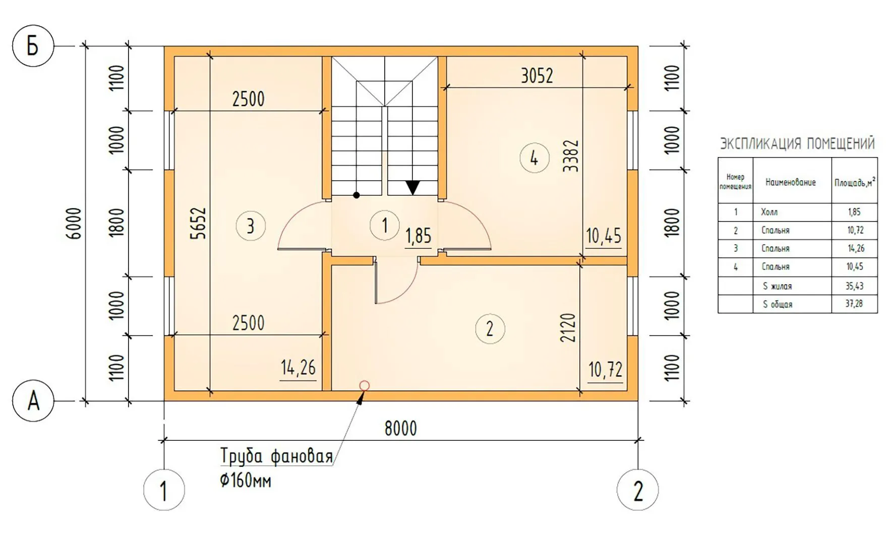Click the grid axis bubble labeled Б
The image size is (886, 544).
pyautogui.click(x=33, y=46)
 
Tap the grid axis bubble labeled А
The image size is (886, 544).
pyautogui.click(x=33, y=401)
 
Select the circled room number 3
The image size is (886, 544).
pyautogui.click(x=251, y=226)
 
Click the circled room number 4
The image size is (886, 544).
pyautogui.click(x=535, y=158)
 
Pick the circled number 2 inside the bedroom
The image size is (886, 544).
pyautogui.click(x=490, y=329)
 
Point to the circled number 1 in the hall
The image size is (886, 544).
pyautogui.click(x=385, y=225)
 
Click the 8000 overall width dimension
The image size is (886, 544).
pyautogui.click(x=401, y=429)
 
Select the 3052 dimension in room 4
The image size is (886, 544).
pyautogui.click(x=537, y=76)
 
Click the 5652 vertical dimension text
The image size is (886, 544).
pyautogui.click(x=200, y=223)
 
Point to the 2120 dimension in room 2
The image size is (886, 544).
pyautogui.click(x=568, y=328)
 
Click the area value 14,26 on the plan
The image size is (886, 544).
pyautogui.click(x=298, y=368)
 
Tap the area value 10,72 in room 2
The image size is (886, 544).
pyautogui.click(x=605, y=370)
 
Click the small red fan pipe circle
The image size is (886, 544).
pyautogui.click(x=364, y=386)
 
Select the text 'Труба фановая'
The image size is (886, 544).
pyautogui.click(x=276, y=456)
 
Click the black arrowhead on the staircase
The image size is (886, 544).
pyautogui.click(x=413, y=187)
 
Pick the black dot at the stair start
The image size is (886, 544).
pyautogui.click(x=357, y=195)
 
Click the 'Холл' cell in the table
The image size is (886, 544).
pyautogui.click(x=770, y=212)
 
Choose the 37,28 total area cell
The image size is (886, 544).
pyautogui.click(x=854, y=304)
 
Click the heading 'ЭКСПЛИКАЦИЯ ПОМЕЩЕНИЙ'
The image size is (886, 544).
pyautogui.click(x=797, y=144)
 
